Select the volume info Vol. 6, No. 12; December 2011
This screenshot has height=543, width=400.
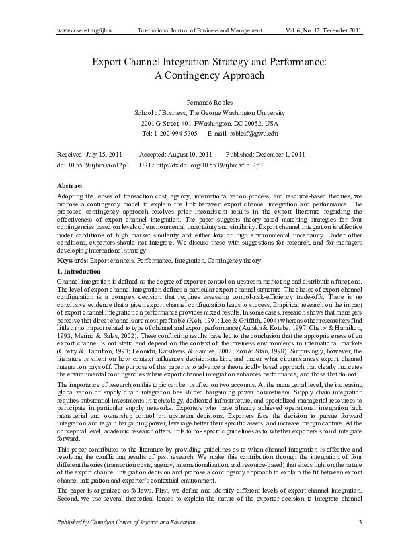319,30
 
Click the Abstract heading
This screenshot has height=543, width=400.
71,185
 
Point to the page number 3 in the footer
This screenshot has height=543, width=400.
360,522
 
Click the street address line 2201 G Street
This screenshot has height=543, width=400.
200,124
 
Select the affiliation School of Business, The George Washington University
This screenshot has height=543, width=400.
200,113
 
